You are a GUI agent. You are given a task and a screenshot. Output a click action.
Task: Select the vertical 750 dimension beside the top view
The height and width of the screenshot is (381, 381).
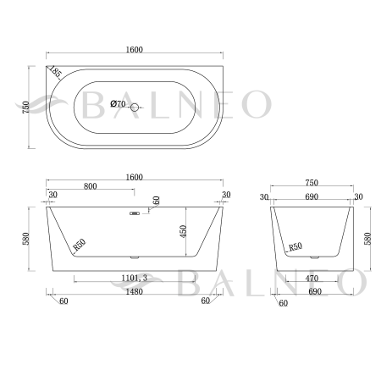[26, 108]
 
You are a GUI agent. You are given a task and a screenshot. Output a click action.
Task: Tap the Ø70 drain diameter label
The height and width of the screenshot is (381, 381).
[118, 105]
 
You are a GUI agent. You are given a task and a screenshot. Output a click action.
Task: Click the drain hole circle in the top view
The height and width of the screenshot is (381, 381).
[135, 107]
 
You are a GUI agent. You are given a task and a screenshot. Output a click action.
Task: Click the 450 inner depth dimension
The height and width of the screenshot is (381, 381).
[183, 231]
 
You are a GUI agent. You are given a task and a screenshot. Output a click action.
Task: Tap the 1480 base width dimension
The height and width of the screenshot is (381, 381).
[134, 292]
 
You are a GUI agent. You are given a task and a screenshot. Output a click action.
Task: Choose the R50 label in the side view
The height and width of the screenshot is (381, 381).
[295, 246]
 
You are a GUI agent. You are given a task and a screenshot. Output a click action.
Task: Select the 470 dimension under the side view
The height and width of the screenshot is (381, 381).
[311, 278]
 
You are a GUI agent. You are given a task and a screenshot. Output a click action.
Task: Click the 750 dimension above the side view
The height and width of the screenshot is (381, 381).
[311, 183]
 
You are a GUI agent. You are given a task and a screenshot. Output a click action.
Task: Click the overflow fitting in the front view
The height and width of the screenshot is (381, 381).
[134, 213]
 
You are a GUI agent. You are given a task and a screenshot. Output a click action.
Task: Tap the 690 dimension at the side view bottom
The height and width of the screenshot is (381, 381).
[311, 291]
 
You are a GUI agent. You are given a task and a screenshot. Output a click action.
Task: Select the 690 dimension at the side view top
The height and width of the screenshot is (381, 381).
[311, 196]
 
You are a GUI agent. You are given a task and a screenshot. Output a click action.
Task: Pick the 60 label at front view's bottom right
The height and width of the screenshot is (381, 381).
[205, 301]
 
